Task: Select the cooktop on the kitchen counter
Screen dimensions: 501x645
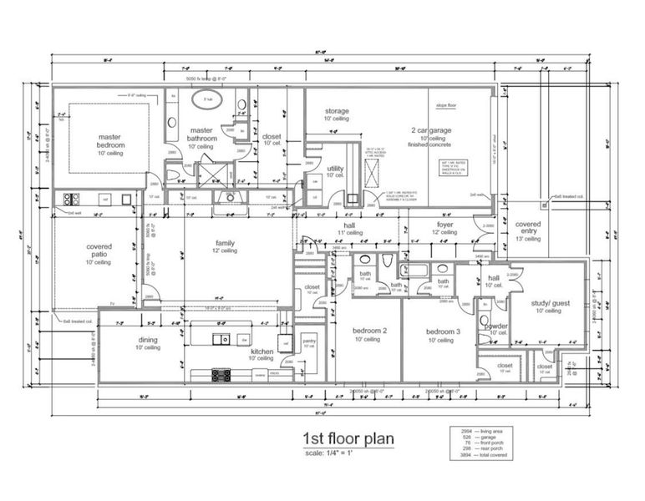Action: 221,374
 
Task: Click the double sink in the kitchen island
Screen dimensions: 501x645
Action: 222,339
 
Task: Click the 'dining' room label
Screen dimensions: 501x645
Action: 148,340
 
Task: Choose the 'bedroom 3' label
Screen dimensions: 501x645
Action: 441,331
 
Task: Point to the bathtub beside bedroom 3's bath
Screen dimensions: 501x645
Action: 414,270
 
